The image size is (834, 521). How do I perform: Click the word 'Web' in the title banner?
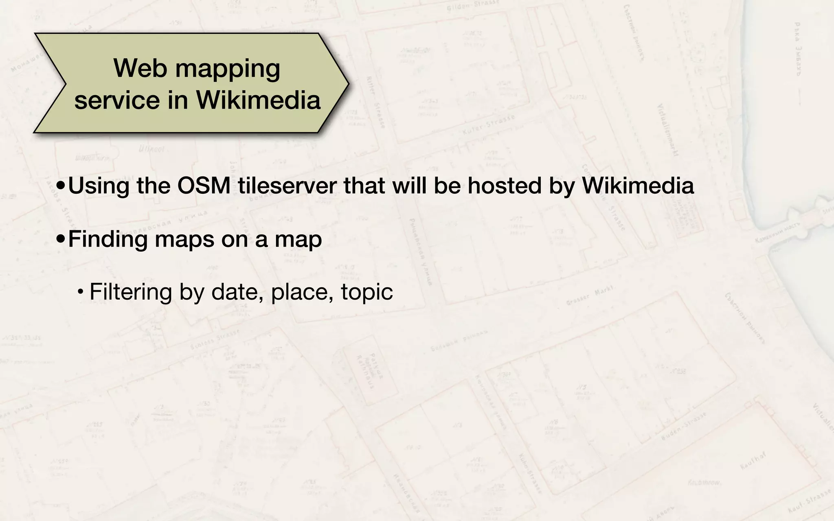coord(140,68)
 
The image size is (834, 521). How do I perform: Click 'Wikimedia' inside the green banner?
coord(258,100)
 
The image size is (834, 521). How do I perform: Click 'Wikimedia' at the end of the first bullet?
coord(638,186)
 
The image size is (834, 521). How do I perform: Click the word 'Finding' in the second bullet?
coord(108,239)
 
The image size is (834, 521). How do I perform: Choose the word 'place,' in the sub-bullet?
coord(302,292)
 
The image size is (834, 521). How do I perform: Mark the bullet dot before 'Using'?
coord(61,186)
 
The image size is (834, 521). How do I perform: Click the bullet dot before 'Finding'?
coord(61,240)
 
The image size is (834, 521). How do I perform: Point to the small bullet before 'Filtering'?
coord(81,292)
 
